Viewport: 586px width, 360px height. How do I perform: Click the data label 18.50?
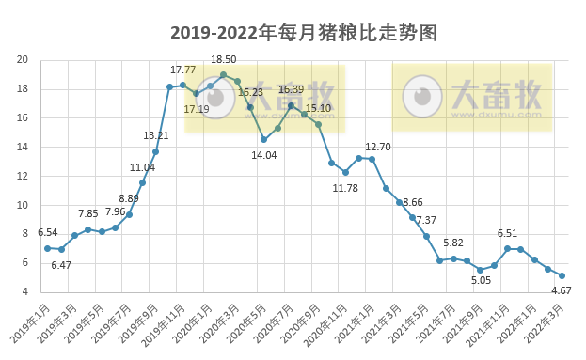click(223, 60)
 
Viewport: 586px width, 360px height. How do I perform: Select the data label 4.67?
click(561, 291)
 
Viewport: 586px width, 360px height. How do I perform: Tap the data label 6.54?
click(48, 232)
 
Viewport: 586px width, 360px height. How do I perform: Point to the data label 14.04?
click(263, 155)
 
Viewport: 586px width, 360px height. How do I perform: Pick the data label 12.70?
click(378, 147)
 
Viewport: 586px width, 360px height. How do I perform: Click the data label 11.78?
click(346, 188)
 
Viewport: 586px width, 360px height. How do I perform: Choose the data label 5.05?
click(482, 279)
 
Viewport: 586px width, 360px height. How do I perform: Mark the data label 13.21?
click(156, 136)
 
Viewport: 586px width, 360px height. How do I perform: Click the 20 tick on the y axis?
click(22, 60)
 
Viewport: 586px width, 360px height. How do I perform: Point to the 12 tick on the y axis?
click(22, 176)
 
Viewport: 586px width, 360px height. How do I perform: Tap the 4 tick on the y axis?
click(24, 291)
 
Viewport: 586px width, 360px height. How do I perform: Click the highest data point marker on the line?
click(223, 75)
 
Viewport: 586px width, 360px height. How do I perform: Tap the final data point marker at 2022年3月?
click(562, 275)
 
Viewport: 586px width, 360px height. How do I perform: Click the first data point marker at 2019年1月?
click(47, 248)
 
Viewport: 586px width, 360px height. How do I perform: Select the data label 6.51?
click(508, 233)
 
